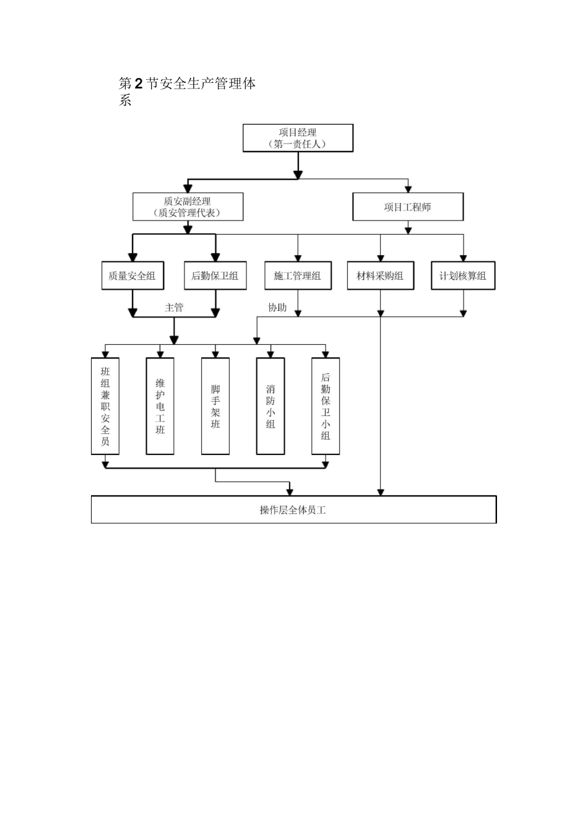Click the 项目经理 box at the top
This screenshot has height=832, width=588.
pos(298,138)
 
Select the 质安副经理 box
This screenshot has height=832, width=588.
pos(188,207)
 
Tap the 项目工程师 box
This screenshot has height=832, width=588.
pos(408,207)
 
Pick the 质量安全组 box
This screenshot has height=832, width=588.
pos(132,275)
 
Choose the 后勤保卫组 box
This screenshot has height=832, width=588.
pos(215,275)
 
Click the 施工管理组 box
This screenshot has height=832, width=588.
pos(298,275)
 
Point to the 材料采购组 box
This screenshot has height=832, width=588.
pos(381,275)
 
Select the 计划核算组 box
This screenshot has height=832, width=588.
pos(463,275)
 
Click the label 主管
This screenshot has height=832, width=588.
pos(174,307)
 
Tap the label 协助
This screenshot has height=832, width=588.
pos(277,307)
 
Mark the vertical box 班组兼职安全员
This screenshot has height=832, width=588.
pos(105,406)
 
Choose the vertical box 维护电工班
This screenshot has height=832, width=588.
pos(160,406)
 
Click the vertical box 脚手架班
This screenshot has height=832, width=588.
pos(215,406)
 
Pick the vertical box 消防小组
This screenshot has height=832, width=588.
pos(270,406)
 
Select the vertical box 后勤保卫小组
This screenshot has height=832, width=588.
pos(326,406)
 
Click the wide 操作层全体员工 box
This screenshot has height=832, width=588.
pos(294,509)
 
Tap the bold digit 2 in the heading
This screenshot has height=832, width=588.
pos(139,84)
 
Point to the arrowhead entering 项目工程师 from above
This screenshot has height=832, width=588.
pos(408,189)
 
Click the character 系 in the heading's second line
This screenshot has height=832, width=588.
pos(125,100)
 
